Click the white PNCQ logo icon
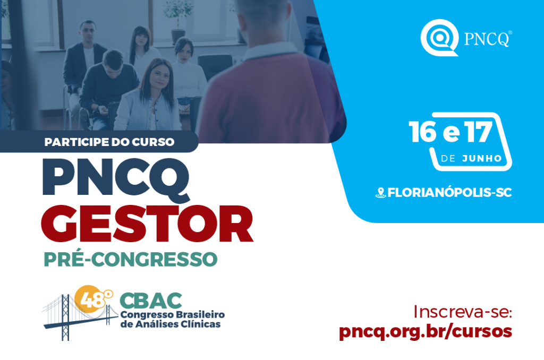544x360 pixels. tap(439, 37)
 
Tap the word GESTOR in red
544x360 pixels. tap(148, 225)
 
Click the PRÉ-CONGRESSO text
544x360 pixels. tap(131, 259)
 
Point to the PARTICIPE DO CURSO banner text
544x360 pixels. tap(109, 142)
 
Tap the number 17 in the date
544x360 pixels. tap(479, 132)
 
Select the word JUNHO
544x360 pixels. tap(482, 159)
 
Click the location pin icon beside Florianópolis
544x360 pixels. tap(380, 193)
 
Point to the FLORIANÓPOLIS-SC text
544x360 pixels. tap(449, 193)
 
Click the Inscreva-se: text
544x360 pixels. tap(463, 312)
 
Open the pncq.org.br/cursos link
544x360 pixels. tap(426, 331)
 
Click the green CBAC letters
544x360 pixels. tap(151, 301)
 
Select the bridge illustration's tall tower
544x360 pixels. tap(65, 318)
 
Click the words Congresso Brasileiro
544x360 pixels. tap(173, 315)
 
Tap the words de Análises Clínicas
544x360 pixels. tap(171, 324)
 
